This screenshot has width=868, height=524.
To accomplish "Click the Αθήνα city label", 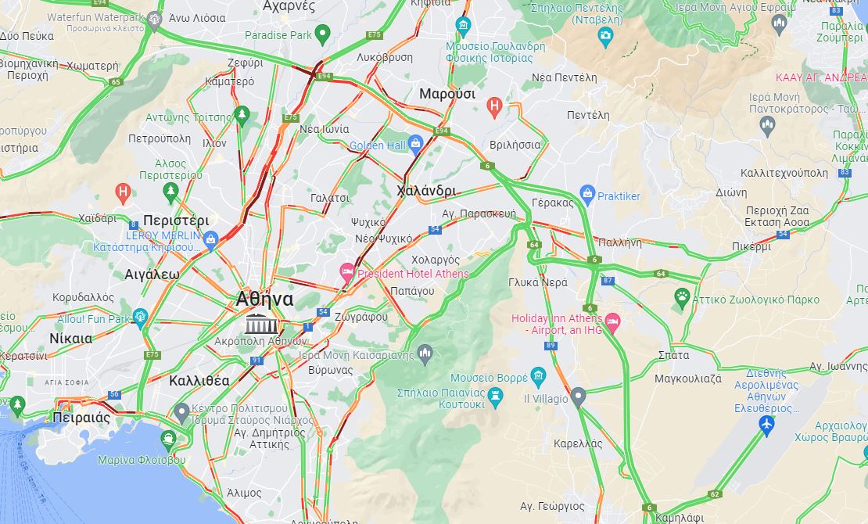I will [265, 300].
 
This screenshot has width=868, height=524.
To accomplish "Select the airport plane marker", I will [766, 424].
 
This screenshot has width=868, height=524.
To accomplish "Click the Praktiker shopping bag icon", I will [587, 193].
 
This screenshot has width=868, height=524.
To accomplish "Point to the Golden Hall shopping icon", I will [415, 143].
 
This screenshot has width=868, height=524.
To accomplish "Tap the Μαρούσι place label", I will [447, 94].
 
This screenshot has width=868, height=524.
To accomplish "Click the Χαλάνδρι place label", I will [426, 191].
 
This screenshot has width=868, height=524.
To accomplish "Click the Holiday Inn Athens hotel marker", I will [612, 321].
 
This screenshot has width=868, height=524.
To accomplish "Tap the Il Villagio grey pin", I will [578, 397].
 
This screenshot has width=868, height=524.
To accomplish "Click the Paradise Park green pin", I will [321, 34].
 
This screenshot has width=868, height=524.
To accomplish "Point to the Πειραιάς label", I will [81, 417].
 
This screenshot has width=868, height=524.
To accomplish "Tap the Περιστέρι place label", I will [176, 221].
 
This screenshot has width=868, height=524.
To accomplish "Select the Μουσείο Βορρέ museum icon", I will [537, 377].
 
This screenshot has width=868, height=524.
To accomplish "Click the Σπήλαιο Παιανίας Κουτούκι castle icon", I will [495, 397].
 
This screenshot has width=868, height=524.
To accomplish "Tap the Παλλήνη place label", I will [619, 242].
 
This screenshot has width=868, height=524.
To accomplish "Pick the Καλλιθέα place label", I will [199, 381].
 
